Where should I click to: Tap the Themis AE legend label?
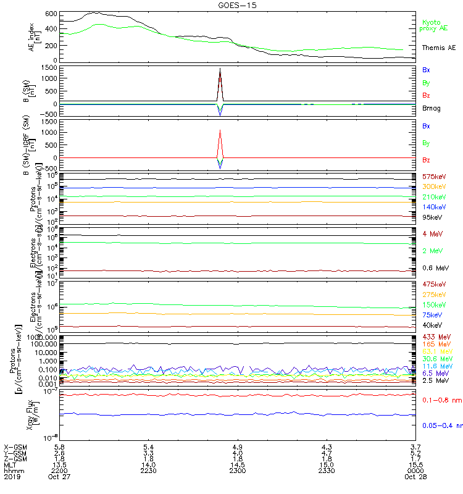coord(438,48)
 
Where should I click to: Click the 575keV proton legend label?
coord(434,177)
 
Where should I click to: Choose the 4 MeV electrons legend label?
coord(431,233)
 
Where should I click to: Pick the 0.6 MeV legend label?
coord(435,268)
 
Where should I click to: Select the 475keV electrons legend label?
coord(434,284)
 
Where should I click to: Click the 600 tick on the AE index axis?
coord(35,14)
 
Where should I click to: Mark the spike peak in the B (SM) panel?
coord(220,69)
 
